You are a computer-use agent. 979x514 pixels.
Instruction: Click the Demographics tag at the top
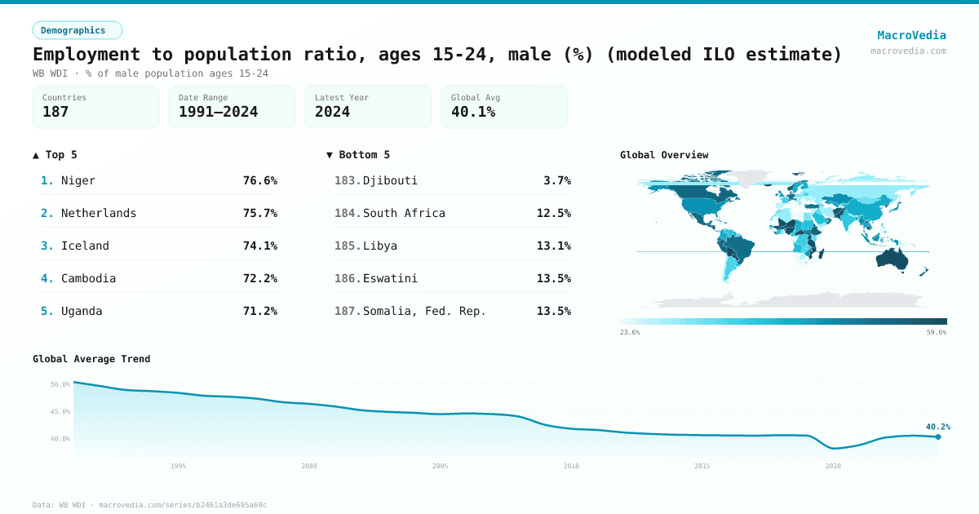click(x=77, y=30)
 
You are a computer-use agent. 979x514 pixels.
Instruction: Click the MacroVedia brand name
click(x=911, y=35)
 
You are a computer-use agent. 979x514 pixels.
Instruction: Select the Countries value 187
click(x=55, y=112)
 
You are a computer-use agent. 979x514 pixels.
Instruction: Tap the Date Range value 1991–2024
click(x=218, y=112)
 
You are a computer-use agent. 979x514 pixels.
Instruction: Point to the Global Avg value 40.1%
click(x=473, y=112)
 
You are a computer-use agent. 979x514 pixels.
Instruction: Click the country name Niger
click(x=78, y=180)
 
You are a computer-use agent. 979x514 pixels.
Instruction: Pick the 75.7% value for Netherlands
click(x=259, y=213)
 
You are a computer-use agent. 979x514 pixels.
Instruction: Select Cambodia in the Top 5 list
click(x=88, y=278)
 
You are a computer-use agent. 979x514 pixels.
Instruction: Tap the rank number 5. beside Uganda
click(x=47, y=311)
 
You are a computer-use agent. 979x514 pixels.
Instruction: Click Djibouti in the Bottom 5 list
click(x=390, y=180)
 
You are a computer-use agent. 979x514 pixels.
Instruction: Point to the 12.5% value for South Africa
click(x=553, y=213)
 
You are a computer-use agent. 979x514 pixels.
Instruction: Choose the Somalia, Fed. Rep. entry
click(x=424, y=311)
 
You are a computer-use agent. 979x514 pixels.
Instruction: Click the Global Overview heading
click(x=664, y=155)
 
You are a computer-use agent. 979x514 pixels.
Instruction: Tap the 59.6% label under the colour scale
click(x=936, y=332)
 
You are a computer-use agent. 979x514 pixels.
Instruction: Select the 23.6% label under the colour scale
click(x=630, y=332)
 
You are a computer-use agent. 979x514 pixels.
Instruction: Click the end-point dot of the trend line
click(x=938, y=436)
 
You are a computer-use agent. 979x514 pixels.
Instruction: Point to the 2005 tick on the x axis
click(x=440, y=466)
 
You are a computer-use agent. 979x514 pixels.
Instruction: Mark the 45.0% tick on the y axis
click(x=60, y=411)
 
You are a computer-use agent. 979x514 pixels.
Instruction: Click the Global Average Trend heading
click(x=91, y=359)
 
